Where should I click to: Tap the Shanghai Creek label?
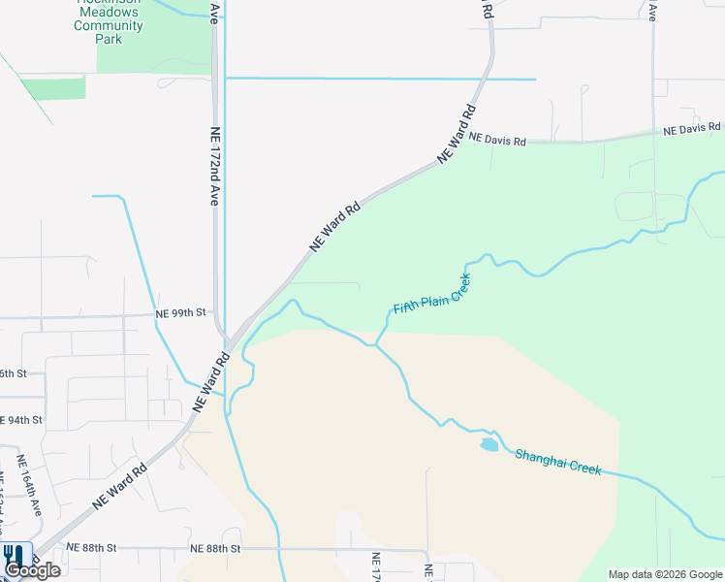[558, 461]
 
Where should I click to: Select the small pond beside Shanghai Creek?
[489, 445]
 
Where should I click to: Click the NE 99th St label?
[181, 313]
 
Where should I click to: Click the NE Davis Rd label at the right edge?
[692, 128]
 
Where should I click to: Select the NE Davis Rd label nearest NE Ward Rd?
[497, 141]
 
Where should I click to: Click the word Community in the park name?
[109, 26]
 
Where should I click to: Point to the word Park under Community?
[110, 40]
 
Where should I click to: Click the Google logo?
[33, 570]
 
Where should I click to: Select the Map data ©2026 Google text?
[665, 574]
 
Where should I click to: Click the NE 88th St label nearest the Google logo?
[91, 548]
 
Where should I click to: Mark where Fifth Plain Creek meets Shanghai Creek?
[375, 343]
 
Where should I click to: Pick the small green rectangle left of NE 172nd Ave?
[53, 87]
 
